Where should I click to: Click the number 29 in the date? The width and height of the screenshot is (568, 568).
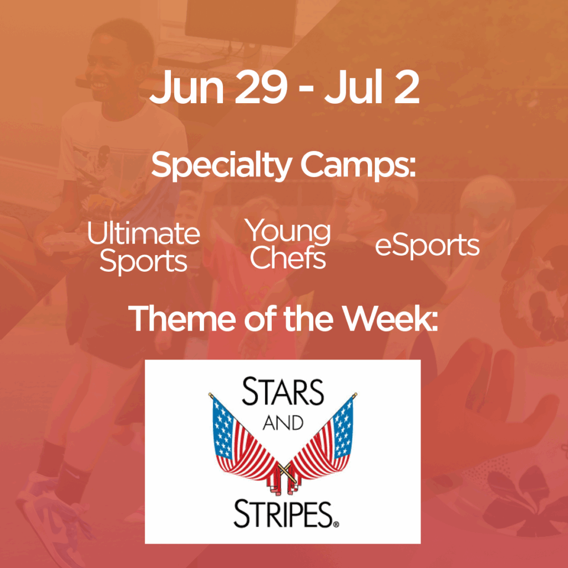[261, 87]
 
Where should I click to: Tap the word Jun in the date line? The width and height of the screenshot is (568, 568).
[186, 87]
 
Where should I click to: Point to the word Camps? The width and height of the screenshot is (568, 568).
[358, 166]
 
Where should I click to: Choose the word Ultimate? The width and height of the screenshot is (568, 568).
[144, 234]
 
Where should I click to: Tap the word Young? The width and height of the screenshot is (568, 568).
[288, 232]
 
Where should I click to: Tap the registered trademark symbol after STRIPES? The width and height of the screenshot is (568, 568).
[336, 524]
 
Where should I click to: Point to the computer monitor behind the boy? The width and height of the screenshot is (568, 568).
[241, 22]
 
